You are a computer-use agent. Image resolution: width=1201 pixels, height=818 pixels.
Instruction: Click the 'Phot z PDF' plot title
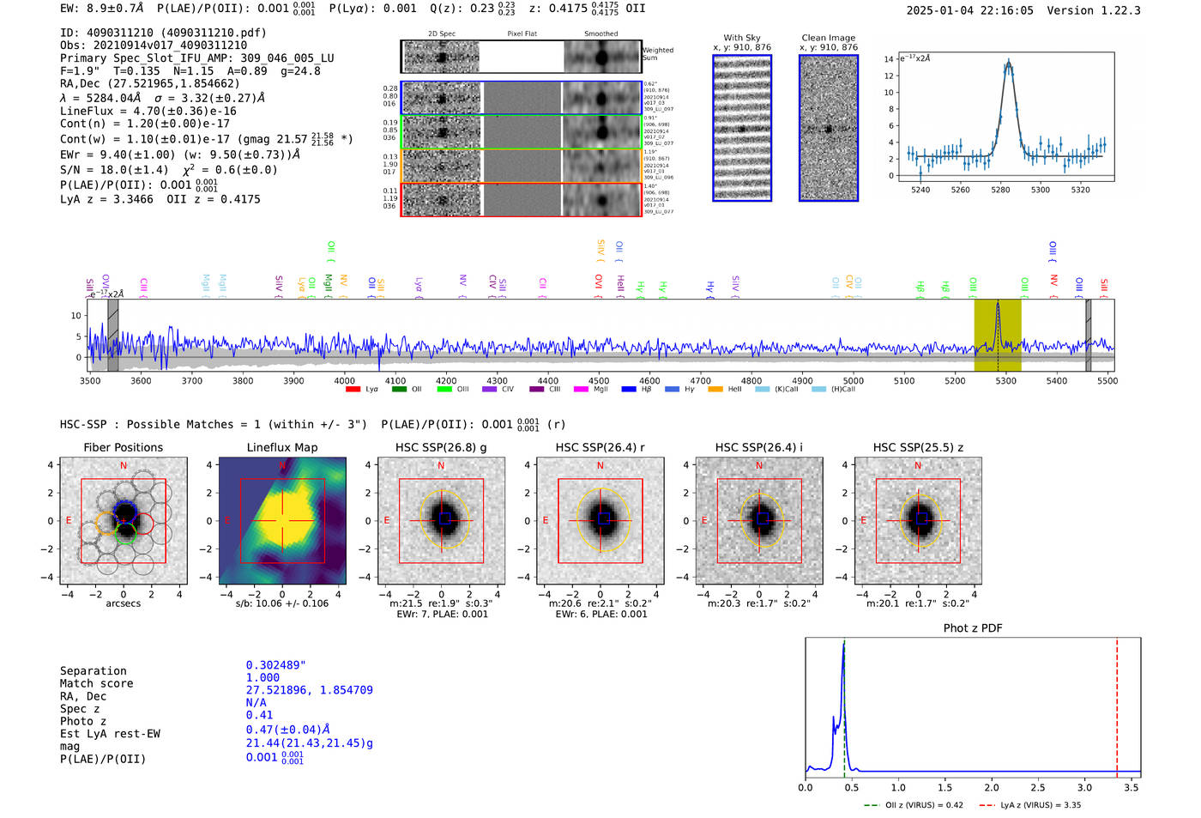[x=973, y=628]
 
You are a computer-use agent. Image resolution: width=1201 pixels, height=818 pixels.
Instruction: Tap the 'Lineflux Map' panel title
[x=282, y=447]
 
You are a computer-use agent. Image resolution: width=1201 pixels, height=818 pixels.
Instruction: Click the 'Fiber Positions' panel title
[x=124, y=447]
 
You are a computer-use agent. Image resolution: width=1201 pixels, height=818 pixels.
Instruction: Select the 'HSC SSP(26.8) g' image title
[x=441, y=447]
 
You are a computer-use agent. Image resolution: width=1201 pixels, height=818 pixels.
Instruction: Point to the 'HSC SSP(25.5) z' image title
[x=918, y=447]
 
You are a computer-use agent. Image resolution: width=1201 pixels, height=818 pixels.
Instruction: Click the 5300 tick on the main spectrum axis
[x=1005, y=381]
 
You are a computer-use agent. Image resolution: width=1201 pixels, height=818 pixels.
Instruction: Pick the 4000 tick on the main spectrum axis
[x=344, y=381]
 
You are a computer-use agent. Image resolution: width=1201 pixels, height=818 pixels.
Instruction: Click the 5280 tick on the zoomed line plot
[x=1000, y=190]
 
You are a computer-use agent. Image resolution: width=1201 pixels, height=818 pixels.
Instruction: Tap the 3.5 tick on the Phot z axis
[x=1132, y=787]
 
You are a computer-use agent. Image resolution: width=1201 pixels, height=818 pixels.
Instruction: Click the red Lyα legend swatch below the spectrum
[x=353, y=390]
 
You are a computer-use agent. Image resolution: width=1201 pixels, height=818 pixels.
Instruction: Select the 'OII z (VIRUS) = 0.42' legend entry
[x=914, y=805]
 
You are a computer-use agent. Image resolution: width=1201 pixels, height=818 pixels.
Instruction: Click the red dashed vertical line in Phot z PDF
[x=1117, y=704]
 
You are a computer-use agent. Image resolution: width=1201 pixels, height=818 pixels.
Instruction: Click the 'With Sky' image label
[x=742, y=38]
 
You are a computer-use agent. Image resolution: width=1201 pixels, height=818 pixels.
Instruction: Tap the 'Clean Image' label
[x=829, y=38]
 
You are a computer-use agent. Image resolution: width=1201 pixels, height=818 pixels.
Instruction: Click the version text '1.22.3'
[x=1119, y=10]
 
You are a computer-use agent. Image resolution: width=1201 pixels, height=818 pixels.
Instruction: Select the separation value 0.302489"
[x=275, y=665]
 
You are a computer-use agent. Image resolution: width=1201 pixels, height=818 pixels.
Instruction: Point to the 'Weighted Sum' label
[x=658, y=54]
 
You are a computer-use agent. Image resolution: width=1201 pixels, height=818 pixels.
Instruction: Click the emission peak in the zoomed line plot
[x=1009, y=63]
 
